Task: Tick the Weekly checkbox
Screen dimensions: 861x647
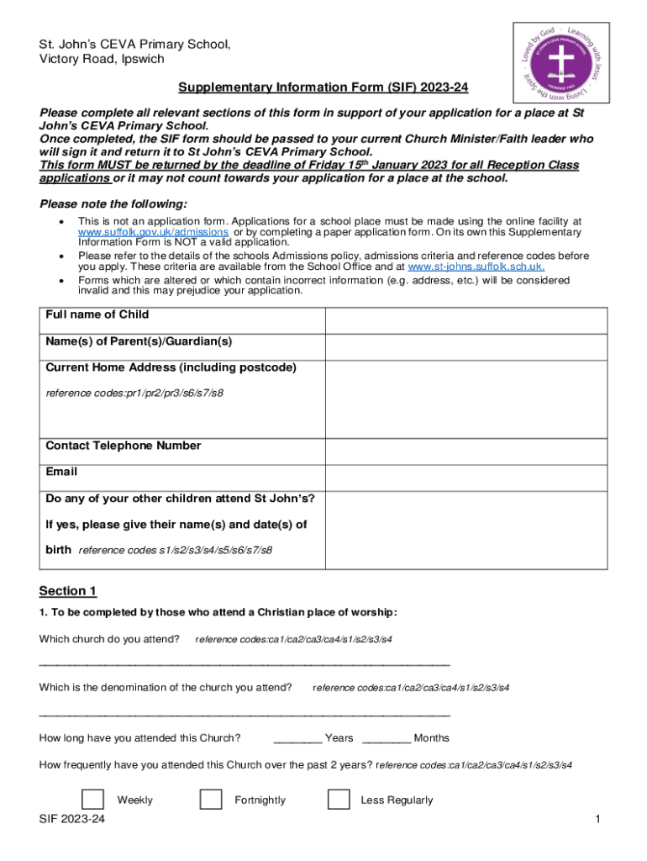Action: tap(92, 800)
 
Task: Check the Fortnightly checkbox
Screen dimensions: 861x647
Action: tap(211, 800)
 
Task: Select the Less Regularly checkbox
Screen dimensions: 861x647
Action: tap(339, 800)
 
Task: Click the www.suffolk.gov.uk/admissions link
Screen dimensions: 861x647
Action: tap(153, 232)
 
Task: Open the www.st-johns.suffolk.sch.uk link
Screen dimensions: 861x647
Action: tap(476, 267)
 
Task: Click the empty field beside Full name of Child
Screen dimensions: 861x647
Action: tap(466, 320)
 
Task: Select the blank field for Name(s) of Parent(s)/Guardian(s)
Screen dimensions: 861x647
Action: tap(466, 347)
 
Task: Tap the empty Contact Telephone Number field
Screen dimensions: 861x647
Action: tap(466, 451)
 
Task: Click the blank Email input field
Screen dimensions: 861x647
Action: tap(466, 478)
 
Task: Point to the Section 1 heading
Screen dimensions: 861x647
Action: tap(68, 591)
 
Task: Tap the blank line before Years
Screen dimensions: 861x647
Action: tap(297, 739)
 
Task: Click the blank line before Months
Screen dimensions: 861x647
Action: tap(387, 739)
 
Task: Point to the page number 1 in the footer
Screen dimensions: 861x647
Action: tap(597, 819)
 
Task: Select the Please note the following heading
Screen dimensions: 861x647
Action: tap(114, 204)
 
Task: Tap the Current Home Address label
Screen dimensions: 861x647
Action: tap(171, 368)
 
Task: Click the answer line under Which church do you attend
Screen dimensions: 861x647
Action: tap(245, 663)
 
